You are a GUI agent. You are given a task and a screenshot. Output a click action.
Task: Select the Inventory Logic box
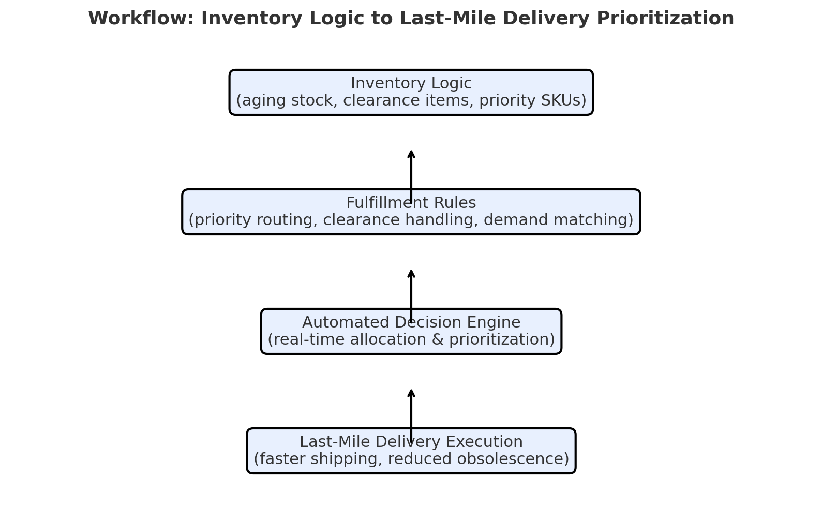[411, 92]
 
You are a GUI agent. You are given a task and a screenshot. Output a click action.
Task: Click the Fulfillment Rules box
[411, 212]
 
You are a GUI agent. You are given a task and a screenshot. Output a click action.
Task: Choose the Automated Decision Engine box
[411, 331]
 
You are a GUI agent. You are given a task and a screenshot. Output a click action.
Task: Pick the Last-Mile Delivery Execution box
[411, 451]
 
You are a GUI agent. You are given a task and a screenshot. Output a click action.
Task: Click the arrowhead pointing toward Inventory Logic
[411, 154]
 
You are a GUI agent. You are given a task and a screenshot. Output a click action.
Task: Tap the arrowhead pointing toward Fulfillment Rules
[411, 274]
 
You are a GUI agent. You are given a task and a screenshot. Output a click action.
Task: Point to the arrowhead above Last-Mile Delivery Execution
[411, 393]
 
